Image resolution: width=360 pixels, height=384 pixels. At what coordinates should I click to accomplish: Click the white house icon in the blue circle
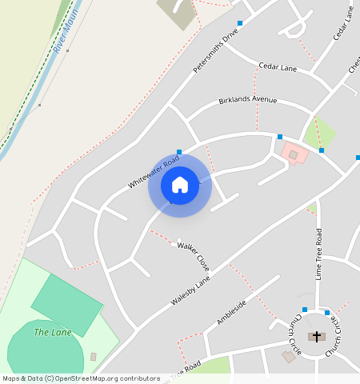coord(180,185)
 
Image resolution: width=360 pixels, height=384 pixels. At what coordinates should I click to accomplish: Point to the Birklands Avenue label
coord(247,100)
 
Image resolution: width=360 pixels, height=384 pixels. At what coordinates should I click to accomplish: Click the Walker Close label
coord(193,255)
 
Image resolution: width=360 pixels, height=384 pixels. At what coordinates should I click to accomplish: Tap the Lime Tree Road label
coord(318,253)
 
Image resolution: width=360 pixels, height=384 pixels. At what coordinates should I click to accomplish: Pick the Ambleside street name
coord(231,312)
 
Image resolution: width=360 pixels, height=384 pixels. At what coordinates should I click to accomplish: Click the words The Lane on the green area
coord(53,332)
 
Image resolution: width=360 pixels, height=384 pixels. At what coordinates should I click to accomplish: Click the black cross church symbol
coord(317,336)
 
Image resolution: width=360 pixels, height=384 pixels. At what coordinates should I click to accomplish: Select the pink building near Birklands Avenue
coord(294,152)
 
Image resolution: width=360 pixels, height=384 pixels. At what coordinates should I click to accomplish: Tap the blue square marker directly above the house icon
coord(179,151)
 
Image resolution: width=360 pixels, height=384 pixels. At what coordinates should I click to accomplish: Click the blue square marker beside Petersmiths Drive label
coord(239,22)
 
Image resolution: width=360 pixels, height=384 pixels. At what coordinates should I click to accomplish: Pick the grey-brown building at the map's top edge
coord(177,12)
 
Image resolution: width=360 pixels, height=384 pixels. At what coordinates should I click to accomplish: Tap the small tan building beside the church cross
coord(289,356)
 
